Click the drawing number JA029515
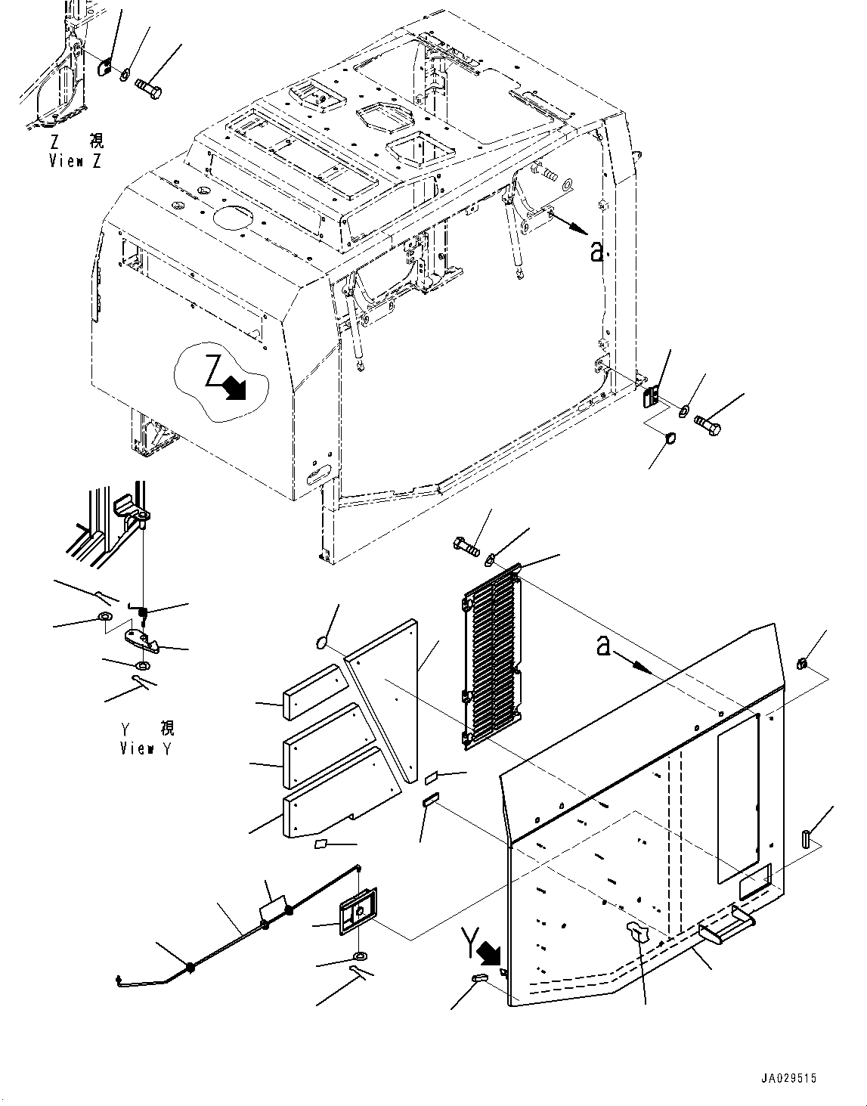[784, 1080]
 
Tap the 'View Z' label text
[76, 161]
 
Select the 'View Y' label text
[147, 748]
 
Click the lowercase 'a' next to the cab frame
[596, 251]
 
